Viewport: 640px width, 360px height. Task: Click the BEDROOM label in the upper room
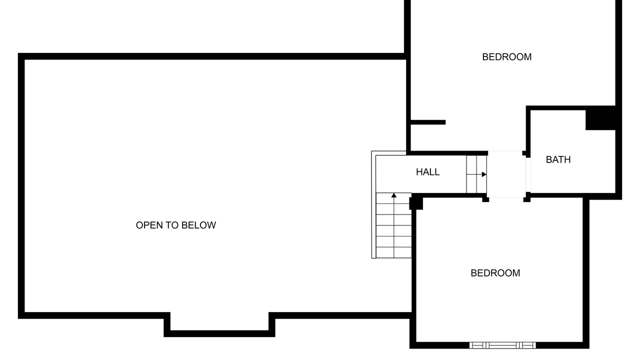point(506,57)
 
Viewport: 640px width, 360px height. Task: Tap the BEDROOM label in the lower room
point(495,273)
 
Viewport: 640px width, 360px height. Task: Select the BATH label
point(558,159)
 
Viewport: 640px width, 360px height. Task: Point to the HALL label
point(427,172)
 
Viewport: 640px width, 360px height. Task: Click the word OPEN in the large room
point(149,225)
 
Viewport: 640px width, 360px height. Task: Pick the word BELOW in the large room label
point(198,225)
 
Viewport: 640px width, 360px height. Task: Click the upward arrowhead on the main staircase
point(393,195)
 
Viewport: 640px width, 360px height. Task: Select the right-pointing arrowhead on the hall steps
point(484,174)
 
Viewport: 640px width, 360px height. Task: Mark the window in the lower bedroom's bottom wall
point(502,345)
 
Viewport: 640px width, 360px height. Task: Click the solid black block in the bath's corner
point(600,117)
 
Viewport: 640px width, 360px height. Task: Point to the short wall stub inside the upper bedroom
point(428,122)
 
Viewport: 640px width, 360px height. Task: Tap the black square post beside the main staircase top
point(416,203)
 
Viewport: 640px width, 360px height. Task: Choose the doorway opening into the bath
point(528,174)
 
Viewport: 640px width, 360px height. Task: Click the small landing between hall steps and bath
point(506,174)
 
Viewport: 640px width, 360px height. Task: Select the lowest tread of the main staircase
point(393,252)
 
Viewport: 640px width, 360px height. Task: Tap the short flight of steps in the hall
point(476,174)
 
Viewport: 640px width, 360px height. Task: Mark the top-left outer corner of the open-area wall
point(18,53)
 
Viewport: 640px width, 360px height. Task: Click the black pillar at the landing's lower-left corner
point(485,199)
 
